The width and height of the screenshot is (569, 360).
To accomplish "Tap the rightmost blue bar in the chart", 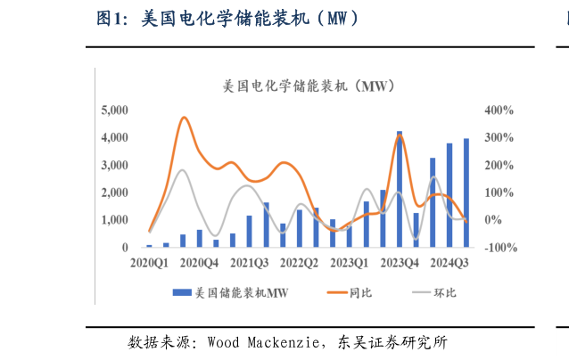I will [466, 192].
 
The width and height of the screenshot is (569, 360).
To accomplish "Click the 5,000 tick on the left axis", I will [114, 110].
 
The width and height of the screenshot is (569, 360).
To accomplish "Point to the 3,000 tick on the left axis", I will [114, 165].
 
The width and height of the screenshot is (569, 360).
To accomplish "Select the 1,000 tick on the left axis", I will [114, 220].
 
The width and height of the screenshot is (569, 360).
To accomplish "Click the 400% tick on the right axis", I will [498, 110].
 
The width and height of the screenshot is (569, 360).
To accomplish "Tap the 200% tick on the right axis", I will [498, 165].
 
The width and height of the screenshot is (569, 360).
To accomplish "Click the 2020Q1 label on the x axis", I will [149, 263].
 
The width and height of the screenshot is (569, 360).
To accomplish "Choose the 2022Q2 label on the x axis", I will [299, 263].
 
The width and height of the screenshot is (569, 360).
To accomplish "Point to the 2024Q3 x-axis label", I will [449, 263].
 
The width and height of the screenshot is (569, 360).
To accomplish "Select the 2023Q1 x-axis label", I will [349, 263].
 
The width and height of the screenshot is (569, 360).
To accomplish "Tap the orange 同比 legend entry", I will [349, 291].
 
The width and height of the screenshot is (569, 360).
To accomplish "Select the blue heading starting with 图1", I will [227, 19].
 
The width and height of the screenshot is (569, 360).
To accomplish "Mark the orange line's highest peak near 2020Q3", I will [184, 118].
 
